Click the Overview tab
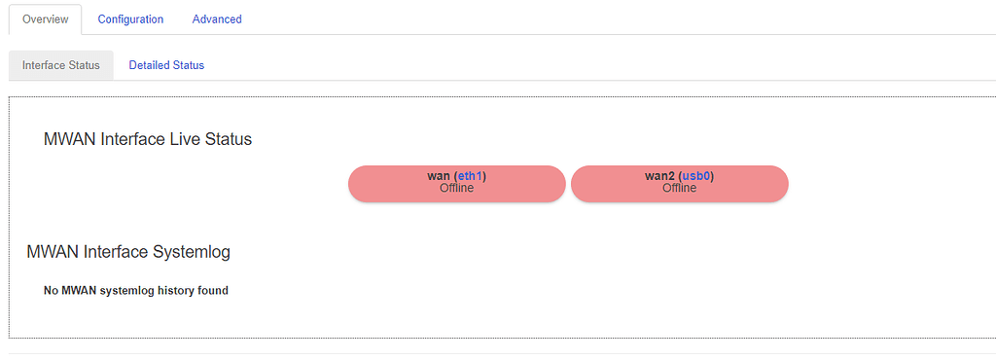[45, 19]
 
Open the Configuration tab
[130, 19]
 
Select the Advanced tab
[217, 19]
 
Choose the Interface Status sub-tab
[61, 65]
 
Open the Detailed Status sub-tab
[166, 65]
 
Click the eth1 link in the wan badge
[471, 176]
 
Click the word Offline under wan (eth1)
[456, 189]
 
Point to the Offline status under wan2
[679, 189]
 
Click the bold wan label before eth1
[438, 176]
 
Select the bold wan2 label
[659, 176]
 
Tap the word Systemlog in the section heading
[192, 253]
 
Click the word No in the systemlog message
[52, 290]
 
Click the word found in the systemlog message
[213, 290]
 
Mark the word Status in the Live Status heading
[229, 139]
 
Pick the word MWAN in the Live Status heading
[69, 139]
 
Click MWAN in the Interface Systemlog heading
[53, 253]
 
